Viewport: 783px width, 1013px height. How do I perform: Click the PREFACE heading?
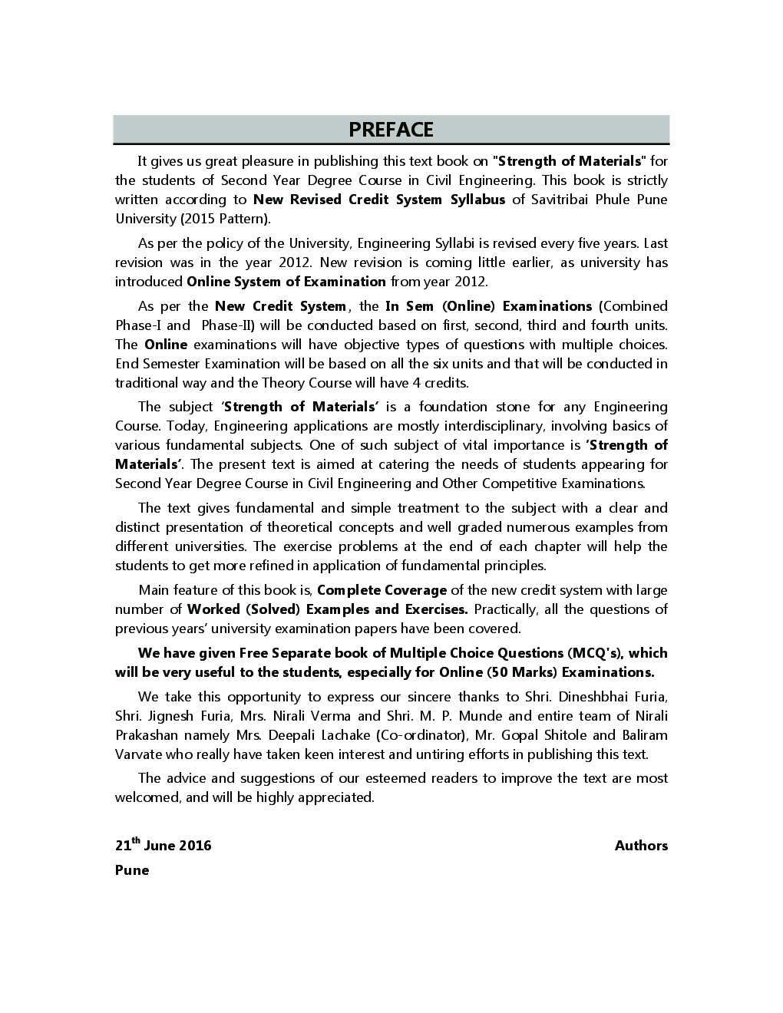pyautogui.click(x=391, y=130)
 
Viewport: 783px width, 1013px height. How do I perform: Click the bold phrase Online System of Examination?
pyautogui.click(x=286, y=282)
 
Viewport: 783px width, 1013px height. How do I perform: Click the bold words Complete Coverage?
pyautogui.click(x=382, y=590)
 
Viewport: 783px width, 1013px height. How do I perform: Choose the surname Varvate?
pyautogui.click(x=140, y=754)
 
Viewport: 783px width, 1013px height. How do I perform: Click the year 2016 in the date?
pyautogui.click(x=195, y=846)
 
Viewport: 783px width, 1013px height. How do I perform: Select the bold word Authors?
pyautogui.click(x=641, y=846)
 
